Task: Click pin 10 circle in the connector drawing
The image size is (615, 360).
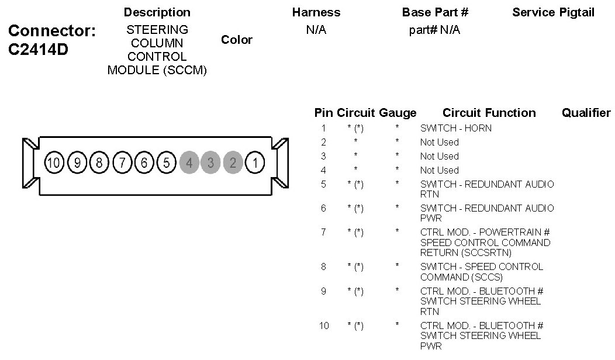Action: (54, 162)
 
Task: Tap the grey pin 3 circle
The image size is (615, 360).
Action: (210, 162)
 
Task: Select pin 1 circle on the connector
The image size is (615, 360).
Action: (255, 162)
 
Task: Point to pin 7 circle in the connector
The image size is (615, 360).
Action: (122, 162)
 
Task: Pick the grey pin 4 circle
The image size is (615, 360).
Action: (189, 162)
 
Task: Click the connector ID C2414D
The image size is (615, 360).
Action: (38, 50)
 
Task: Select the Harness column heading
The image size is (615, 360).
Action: (316, 12)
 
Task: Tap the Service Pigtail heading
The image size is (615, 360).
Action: (554, 12)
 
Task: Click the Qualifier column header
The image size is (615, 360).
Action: (586, 113)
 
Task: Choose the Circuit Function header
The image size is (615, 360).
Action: (489, 113)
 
